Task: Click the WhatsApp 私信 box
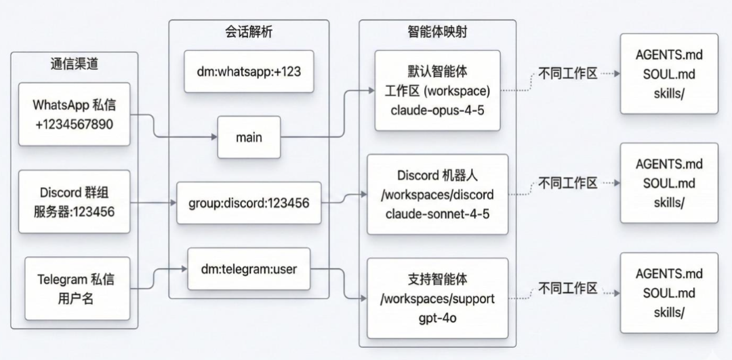75,114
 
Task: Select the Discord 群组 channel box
75,201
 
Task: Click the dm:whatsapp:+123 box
249,71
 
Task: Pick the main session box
249,137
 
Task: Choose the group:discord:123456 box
248,202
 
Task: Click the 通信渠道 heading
74,64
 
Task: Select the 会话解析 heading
249,31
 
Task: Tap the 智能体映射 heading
437,32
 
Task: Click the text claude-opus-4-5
437,108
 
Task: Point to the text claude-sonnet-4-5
437,214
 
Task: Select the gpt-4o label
437,317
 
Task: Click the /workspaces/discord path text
437,195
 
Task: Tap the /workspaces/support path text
437,298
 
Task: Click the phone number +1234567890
75,124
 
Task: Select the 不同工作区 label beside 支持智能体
568,289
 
